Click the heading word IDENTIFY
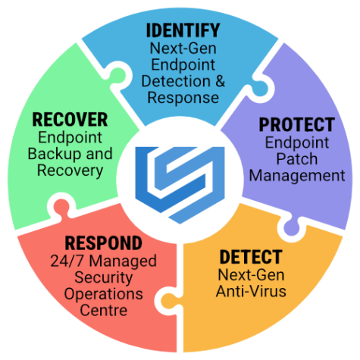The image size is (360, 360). coord(183,30)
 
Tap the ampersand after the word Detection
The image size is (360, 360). coord(220,81)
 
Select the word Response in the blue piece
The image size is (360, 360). coord(183,98)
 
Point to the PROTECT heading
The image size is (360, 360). coord(297,125)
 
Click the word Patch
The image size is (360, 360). coord(297,159)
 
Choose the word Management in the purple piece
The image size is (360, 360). coord(297,176)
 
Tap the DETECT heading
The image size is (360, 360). coord(251,257)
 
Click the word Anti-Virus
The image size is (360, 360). coord(251,291)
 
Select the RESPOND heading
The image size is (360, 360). coord(103,243)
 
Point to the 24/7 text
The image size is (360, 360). coord(67,261)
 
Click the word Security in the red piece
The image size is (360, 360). coord(103,277)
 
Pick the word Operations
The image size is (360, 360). coord(103,294)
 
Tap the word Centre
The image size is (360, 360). coord(103,311)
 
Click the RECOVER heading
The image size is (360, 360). coord(70,120)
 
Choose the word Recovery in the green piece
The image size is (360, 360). coord(70,171)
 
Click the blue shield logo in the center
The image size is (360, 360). coord(180,185)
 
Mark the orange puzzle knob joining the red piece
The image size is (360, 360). coord(168,301)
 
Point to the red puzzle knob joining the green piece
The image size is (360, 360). coord(61,206)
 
